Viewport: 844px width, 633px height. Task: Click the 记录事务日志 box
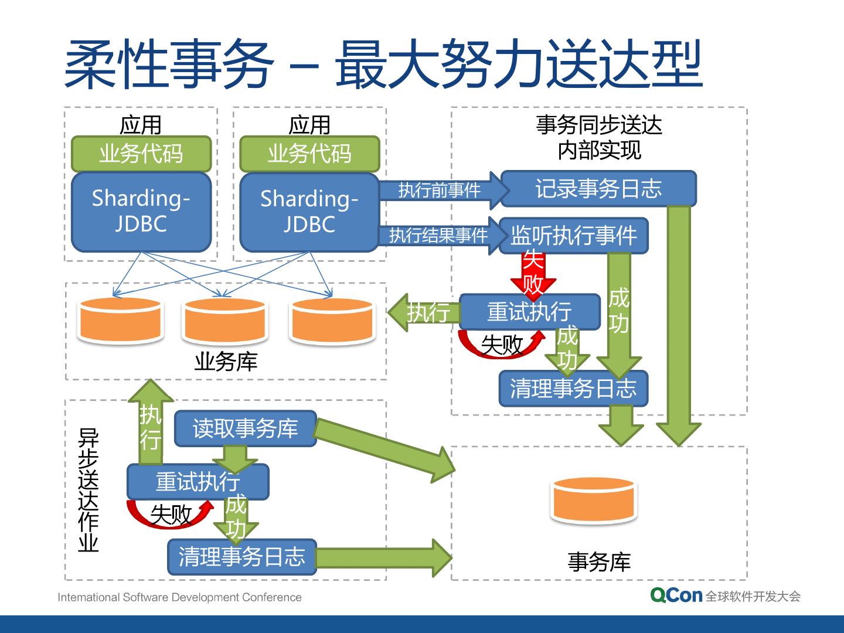click(598, 188)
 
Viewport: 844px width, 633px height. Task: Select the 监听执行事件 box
click(574, 236)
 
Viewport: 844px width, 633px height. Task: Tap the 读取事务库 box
click(246, 428)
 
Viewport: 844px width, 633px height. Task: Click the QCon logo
click(676, 595)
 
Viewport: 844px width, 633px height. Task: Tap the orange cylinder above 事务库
click(594, 500)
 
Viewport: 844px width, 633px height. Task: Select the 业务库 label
click(226, 361)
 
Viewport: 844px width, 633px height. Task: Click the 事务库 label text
click(599, 561)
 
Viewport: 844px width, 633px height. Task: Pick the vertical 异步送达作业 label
click(88, 490)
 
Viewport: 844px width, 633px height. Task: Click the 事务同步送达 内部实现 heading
click(599, 138)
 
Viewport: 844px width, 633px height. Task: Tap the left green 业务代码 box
click(141, 154)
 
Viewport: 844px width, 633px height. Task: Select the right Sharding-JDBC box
click(309, 212)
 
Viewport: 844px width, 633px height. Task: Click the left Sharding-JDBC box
click(141, 212)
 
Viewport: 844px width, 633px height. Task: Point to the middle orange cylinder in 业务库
click(225, 320)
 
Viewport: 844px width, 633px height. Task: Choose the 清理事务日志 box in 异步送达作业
click(242, 557)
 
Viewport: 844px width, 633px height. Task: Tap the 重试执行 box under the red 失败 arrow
click(530, 312)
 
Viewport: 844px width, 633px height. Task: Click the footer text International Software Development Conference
click(179, 597)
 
